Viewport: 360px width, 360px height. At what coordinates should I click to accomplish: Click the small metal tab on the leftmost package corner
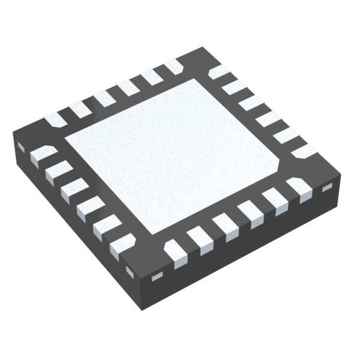(x=21, y=147)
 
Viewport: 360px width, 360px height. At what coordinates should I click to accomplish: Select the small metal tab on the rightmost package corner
(x=327, y=188)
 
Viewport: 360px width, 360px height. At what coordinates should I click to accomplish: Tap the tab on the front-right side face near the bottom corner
(x=157, y=277)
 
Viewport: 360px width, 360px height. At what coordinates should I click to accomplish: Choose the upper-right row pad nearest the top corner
(x=219, y=72)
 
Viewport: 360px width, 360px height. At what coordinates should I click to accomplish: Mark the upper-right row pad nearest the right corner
(x=304, y=150)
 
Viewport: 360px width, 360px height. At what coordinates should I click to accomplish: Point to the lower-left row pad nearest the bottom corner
(x=122, y=245)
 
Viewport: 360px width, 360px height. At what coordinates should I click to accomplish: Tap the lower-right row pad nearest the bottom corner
(x=176, y=253)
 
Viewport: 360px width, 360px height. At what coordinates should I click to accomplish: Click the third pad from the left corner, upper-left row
(x=104, y=98)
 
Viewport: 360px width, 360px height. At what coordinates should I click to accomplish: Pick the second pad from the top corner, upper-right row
(x=235, y=88)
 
